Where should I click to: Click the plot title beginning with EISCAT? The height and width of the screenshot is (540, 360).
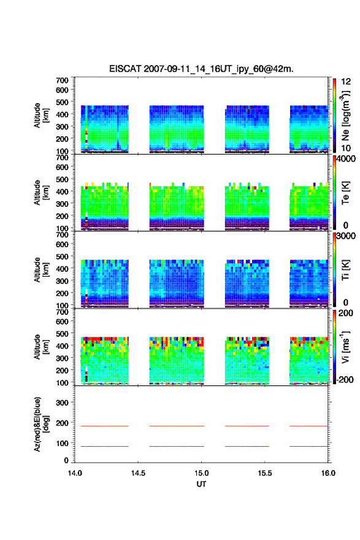pyautogui.click(x=201, y=69)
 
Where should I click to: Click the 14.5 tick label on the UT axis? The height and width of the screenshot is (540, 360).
pyautogui.click(x=138, y=473)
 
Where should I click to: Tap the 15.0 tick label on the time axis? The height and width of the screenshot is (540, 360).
pyautogui.click(x=201, y=473)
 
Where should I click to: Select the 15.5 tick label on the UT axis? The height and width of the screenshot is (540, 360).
pyautogui.click(x=265, y=473)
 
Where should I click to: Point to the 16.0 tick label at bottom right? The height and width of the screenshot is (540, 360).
pyautogui.click(x=328, y=473)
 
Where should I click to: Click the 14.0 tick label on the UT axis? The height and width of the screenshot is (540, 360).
pyautogui.click(x=75, y=473)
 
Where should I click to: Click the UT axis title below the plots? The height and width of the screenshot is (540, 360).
pyautogui.click(x=201, y=484)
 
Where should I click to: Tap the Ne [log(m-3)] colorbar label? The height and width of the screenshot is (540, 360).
pyautogui.click(x=345, y=116)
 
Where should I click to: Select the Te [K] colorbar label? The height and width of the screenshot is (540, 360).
pyautogui.click(x=345, y=193)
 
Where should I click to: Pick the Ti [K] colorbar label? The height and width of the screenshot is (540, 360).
pyautogui.click(x=345, y=270)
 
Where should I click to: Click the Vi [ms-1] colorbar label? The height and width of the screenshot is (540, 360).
pyautogui.click(x=345, y=347)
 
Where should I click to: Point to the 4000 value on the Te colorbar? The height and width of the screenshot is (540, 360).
pyautogui.click(x=347, y=159)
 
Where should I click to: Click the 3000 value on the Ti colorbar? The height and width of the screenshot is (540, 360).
pyautogui.click(x=347, y=236)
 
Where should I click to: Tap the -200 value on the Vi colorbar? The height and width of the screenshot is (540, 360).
pyautogui.click(x=345, y=379)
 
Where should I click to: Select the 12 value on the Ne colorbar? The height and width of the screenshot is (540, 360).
pyautogui.click(x=346, y=82)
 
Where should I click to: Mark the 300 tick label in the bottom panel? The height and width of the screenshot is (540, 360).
pyautogui.click(x=63, y=403)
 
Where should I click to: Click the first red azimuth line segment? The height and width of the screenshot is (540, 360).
pyautogui.click(x=104, y=426)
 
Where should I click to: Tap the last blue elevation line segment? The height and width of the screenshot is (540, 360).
pyautogui.click(x=308, y=446)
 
